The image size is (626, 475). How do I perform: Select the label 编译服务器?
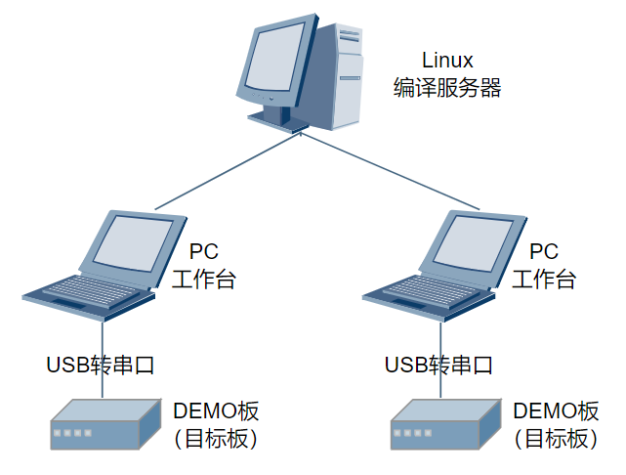[448, 88]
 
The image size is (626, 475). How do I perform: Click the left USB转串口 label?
[102, 366]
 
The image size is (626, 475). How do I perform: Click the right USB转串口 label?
[439, 366]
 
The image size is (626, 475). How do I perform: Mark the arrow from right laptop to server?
[391, 171]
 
